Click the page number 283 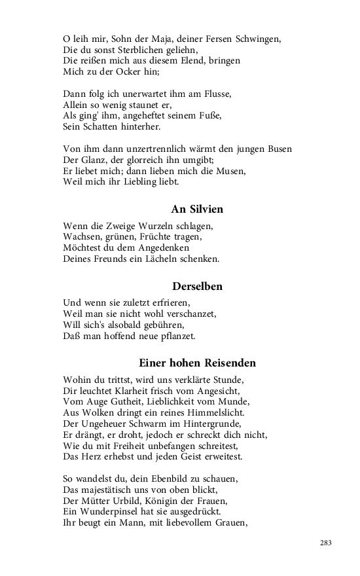[327, 543]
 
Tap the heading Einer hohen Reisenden [197, 363]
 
